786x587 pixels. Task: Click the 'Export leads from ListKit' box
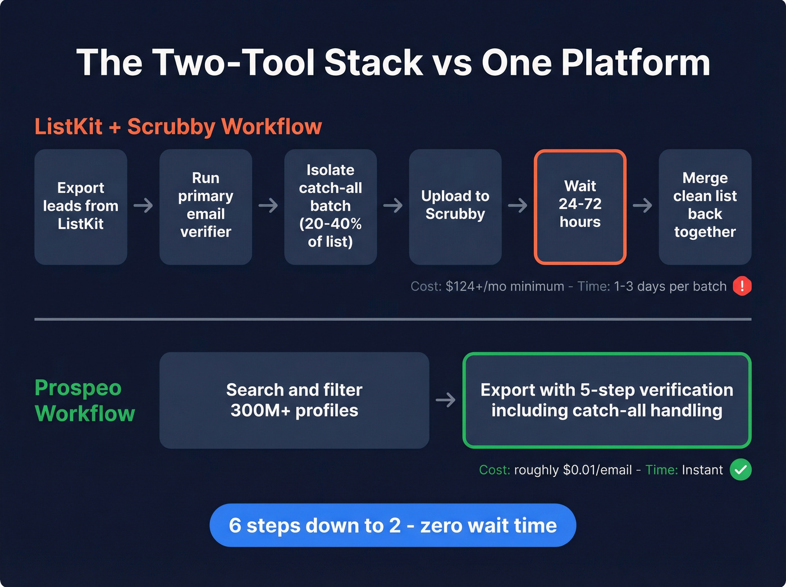[x=81, y=206]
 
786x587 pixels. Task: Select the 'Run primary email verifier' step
[x=205, y=206]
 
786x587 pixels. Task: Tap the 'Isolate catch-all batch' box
[x=330, y=206]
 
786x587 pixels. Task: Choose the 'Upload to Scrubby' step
[x=455, y=206]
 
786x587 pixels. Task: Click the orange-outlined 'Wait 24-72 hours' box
[x=580, y=206]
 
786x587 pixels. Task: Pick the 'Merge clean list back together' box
[x=705, y=206]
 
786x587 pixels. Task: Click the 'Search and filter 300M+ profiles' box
[x=294, y=400]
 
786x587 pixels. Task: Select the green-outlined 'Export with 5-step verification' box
[x=606, y=400]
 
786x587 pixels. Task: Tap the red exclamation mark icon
[x=742, y=286]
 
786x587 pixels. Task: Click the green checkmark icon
[x=741, y=470]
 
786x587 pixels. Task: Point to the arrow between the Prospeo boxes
[x=446, y=400]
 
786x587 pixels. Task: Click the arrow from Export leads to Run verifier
[x=143, y=206]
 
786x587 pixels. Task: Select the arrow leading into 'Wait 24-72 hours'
[x=518, y=206]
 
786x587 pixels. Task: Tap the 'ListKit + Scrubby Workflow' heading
[x=178, y=127]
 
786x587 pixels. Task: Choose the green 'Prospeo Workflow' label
[x=85, y=401]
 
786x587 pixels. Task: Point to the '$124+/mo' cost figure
[x=477, y=286]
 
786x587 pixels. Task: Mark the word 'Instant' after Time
[x=702, y=470]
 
